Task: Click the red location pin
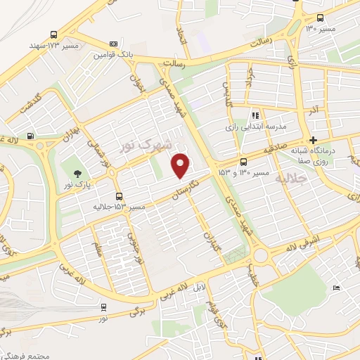click(x=181, y=165)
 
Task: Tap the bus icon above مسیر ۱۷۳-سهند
click(x=54, y=34)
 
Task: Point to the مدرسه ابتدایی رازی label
click(x=256, y=126)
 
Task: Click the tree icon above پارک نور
click(x=75, y=175)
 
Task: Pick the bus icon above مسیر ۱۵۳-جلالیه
click(x=119, y=196)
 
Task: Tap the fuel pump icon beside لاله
click(x=30, y=136)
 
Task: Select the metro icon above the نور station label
click(x=103, y=307)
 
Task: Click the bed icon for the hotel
click(x=336, y=288)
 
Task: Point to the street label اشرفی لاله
click(x=301, y=248)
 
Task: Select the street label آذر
click(x=314, y=110)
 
